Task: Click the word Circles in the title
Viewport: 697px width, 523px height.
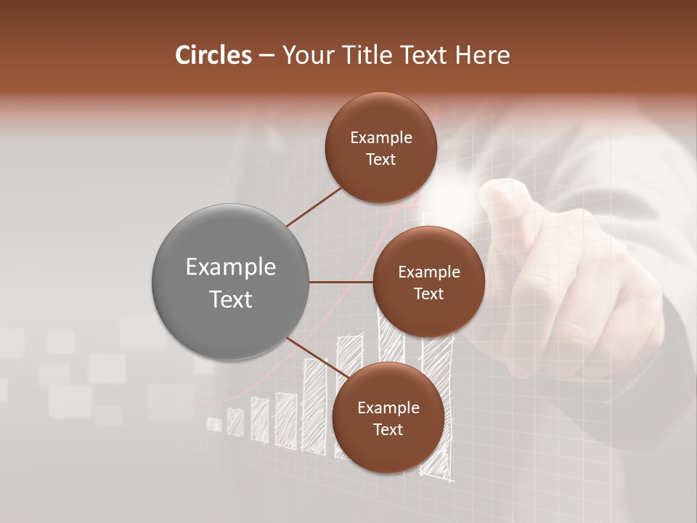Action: pyautogui.click(x=213, y=55)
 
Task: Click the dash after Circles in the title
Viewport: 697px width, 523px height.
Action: pyautogui.click(x=266, y=56)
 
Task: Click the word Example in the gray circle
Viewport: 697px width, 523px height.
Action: pyautogui.click(x=231, y=267)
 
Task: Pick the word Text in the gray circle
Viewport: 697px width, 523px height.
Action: pyautogui.click(x=231, y=299)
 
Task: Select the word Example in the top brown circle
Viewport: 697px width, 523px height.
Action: pyautogui.click(x=380, y=137)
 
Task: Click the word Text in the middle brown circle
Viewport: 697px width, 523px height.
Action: pyautogui.click(x=428, y=294)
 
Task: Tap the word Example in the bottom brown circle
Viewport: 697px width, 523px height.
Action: pyautogui.click(x=388, y=408)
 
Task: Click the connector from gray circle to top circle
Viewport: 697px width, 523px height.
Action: pyautogui.click(x=314, y=206)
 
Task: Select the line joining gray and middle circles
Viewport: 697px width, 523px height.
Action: pyautogui.click(x=341, y=282)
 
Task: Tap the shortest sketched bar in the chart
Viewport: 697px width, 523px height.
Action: pyautogui.click(x=214, y=424)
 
